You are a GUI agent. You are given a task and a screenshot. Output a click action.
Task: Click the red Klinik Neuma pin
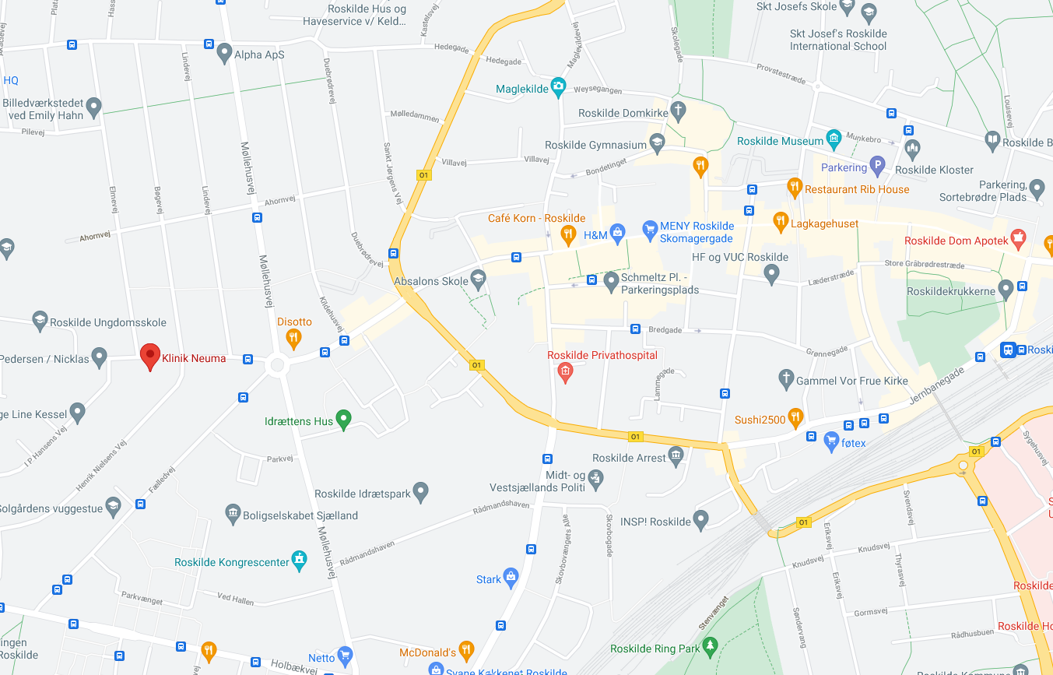(150, 356)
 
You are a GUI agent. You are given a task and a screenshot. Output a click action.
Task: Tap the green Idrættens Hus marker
(343, 420)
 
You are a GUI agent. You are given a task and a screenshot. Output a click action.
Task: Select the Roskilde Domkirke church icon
(678, 111)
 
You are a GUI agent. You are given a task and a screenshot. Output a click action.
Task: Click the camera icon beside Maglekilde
(558, 87)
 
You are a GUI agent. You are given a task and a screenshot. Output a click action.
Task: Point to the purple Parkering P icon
(877, 166)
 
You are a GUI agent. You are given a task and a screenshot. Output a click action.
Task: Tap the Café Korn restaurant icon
(568, 232)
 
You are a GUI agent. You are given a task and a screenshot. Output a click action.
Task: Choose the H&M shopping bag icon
(617, 231)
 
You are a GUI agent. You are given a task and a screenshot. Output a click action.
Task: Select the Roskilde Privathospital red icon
(566, 373)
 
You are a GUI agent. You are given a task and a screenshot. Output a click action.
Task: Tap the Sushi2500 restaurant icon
(795, 418)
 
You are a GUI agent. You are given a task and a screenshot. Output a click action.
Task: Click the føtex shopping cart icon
(831, 441)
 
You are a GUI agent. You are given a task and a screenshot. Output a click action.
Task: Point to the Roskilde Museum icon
(834, 140)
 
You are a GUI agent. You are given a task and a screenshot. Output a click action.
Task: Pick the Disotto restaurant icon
(293, 337)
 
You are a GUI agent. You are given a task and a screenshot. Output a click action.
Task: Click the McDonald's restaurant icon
(466, 650)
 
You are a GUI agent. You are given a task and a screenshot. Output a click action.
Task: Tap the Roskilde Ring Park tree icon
(709, 645)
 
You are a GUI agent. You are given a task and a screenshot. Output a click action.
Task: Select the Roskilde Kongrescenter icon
(299, 561)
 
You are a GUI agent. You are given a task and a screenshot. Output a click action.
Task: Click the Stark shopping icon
(511, 577)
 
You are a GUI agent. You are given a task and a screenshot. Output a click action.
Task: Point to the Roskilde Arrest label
(629, 458)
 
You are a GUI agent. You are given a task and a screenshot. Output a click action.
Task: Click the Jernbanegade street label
(938, 385)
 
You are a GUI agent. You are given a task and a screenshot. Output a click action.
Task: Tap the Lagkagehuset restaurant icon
(780, 222)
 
